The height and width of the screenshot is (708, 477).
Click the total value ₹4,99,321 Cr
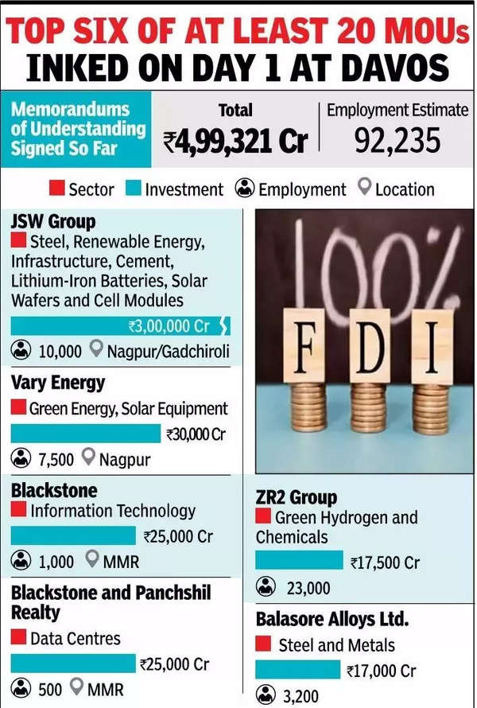pyautogui.click(x=235, y=142)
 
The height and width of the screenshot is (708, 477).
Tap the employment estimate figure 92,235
pyautogui.click(x=398, y=141)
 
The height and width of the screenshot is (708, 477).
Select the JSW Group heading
pyautogui.click(x=53, y=220)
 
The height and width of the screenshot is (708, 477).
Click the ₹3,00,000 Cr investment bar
pyautogui.click(x=119, y=325)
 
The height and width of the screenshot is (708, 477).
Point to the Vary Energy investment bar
pyautogui.click(x=86, y=434)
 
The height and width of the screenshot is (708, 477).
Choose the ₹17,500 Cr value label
pyautogui.click(x=385, y=562)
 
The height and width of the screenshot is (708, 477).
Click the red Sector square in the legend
pyautogui.click(x=56, y=189)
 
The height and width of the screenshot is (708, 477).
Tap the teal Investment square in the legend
pyautogui.click(x=134, y=189)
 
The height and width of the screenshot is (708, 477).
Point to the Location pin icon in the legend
pyautogui.click(x=364, y=189)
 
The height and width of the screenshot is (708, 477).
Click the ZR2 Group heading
pyautogui.click(x=297, y=497)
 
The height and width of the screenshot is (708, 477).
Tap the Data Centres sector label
pyautogui.click(x=76, y=638)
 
